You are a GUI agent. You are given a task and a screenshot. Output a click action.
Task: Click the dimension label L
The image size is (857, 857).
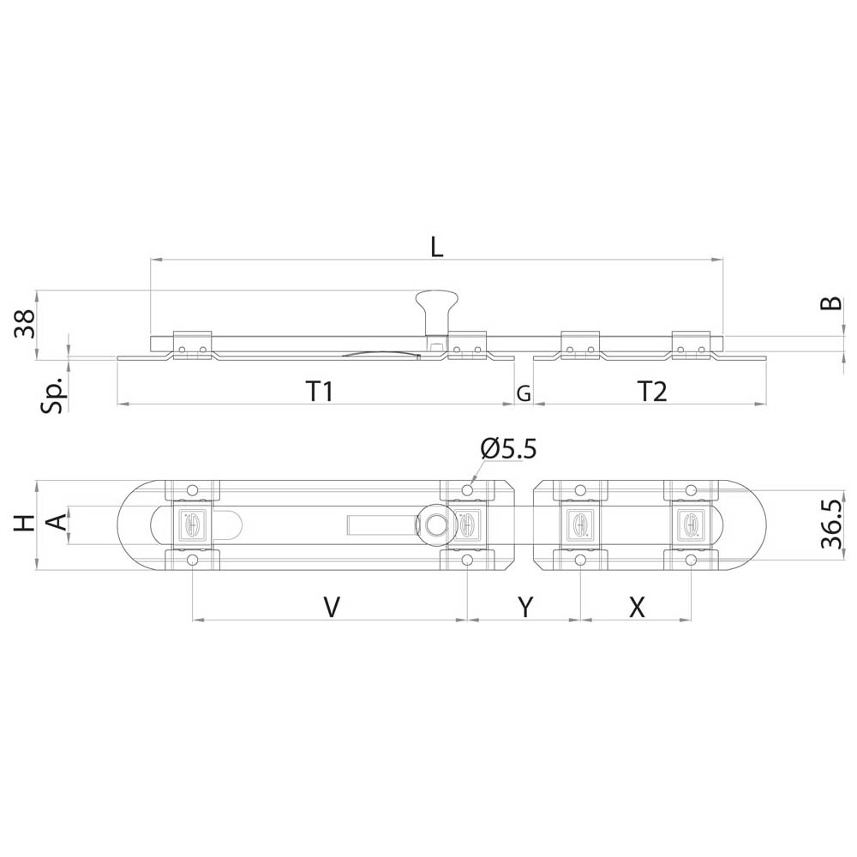tap(436, 247)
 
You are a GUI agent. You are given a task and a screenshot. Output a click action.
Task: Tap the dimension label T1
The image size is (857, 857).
tap(320, 392)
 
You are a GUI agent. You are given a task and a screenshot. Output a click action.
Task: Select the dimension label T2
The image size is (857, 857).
tap(652, 392)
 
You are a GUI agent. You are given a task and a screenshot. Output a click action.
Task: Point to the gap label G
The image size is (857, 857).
tap(524, 393)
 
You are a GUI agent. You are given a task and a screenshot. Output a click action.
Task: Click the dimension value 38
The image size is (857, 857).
tap(25, 324)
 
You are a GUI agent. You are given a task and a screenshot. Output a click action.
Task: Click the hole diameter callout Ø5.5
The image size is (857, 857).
tap(509, 449)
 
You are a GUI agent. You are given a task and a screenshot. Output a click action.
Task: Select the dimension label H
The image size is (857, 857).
tap(24, 524)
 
